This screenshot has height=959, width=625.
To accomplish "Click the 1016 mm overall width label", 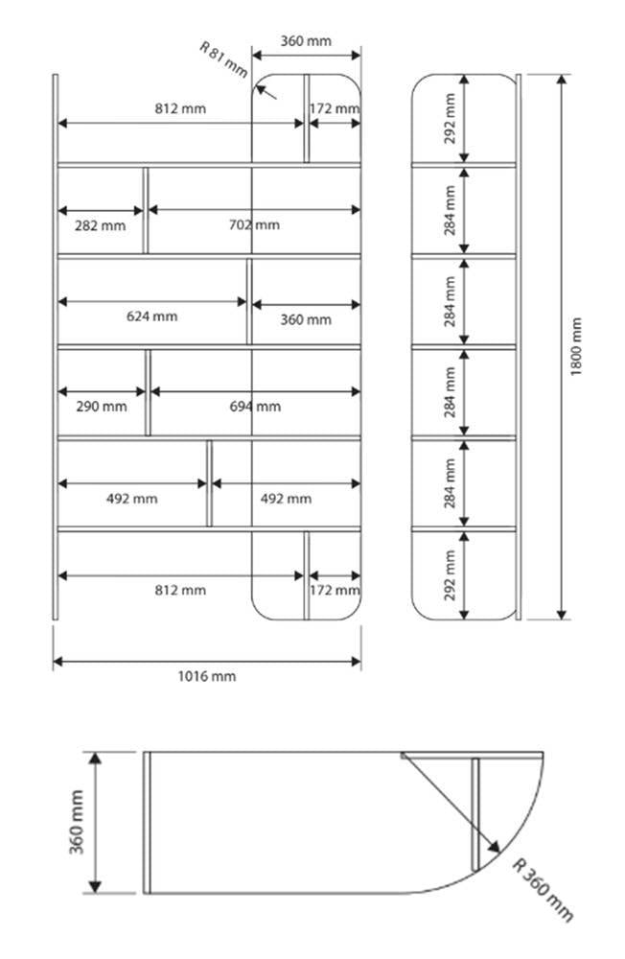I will click(x=206, y=676).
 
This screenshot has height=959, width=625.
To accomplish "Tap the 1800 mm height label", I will click(x=576, y=346).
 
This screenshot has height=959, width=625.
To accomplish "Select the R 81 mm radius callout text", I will click(x=222, y=59).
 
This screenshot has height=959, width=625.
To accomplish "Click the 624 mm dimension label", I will click(x=152, y=316).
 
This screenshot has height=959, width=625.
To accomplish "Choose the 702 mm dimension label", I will click(x=255, y=224).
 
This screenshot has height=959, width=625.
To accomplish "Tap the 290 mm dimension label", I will click(x=101, y=407).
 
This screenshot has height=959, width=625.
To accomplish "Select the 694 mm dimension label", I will click(x=255, y=407).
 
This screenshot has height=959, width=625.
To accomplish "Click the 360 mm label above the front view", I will click(x=306, y=40).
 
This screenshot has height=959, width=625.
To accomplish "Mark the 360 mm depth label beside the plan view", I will click(x=77, y=821).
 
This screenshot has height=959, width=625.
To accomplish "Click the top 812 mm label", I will click(x=180, y=108).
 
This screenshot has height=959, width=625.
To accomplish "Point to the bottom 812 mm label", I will click(x=180, y=590).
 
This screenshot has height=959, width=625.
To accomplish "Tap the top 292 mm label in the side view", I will click(x=450, y=118).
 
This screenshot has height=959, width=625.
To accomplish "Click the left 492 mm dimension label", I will click(x=131, y=499).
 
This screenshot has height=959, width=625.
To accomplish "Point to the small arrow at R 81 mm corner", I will click(x=266, y=91).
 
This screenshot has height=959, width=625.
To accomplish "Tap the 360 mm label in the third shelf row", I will click(x=306, y=319).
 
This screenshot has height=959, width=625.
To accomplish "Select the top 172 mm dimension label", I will click(x=335, y=108).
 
